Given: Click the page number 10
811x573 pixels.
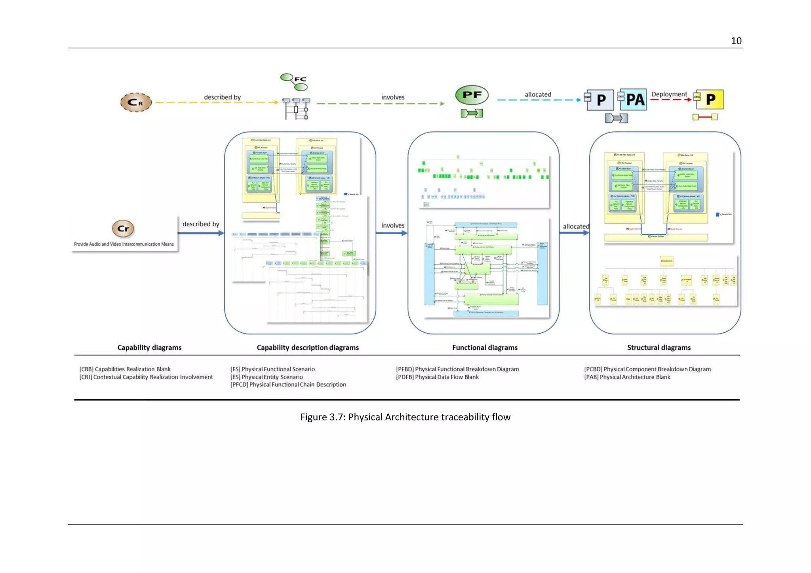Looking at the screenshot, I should point(736,41).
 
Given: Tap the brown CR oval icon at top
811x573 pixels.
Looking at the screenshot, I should point(136,102).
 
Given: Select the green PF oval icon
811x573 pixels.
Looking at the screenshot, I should point(472,95).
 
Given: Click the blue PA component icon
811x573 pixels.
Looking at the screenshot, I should point(633,99).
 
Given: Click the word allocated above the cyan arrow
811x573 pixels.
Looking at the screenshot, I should point(537,95).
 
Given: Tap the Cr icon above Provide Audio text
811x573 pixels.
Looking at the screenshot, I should point(123,228).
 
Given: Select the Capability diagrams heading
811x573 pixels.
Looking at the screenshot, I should point(149,347).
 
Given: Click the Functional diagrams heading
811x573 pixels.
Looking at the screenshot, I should point(484,347).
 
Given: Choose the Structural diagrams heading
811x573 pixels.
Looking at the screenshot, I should point(659,347).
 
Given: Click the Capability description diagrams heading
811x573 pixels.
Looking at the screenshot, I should point(307,347).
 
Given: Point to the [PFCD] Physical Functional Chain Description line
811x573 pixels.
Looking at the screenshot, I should point(288,385).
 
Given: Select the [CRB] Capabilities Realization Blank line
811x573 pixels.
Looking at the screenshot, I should point(125,369).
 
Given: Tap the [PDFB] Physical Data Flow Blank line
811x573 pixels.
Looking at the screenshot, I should point(437,377).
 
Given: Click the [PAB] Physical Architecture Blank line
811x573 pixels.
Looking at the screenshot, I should point(627,377).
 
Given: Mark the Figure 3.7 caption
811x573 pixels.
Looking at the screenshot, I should point(405,417).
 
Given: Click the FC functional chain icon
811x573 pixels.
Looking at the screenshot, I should point(295,82).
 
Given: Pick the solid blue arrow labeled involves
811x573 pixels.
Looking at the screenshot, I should point(391,233).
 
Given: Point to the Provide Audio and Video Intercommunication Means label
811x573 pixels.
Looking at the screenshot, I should point(124,244).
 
